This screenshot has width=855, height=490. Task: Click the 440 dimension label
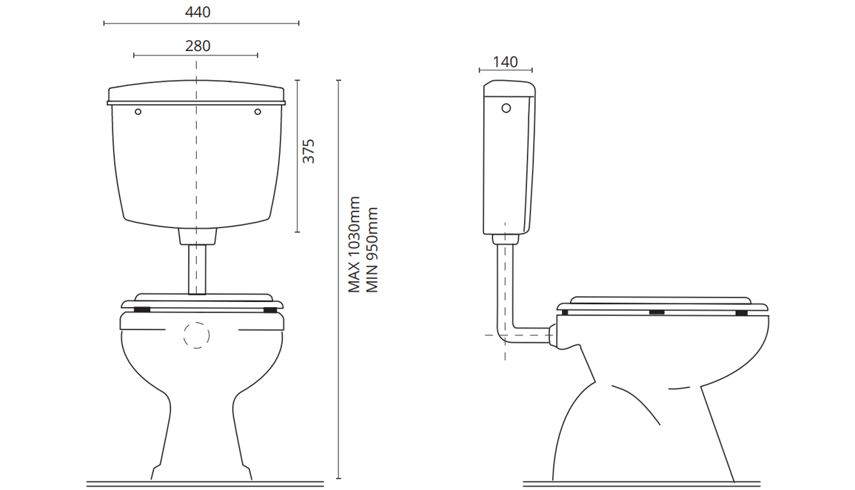(x=198, y=12)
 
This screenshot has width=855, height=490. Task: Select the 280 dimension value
(x=198, y=46)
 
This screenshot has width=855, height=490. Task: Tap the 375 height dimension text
(x=309, y=151)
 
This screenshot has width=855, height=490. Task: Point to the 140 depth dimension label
(x=505, y=62)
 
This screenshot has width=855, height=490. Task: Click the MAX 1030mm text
(x=355, y=245)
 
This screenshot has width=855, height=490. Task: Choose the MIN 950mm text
(x=372, y=249)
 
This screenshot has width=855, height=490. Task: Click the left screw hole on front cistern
(x=138, y=112)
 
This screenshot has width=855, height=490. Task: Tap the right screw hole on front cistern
(x=258, y=112)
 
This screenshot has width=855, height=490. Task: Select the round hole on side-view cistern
(x=506, y=108)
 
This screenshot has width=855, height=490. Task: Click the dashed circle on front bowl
(x=196, y=335)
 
